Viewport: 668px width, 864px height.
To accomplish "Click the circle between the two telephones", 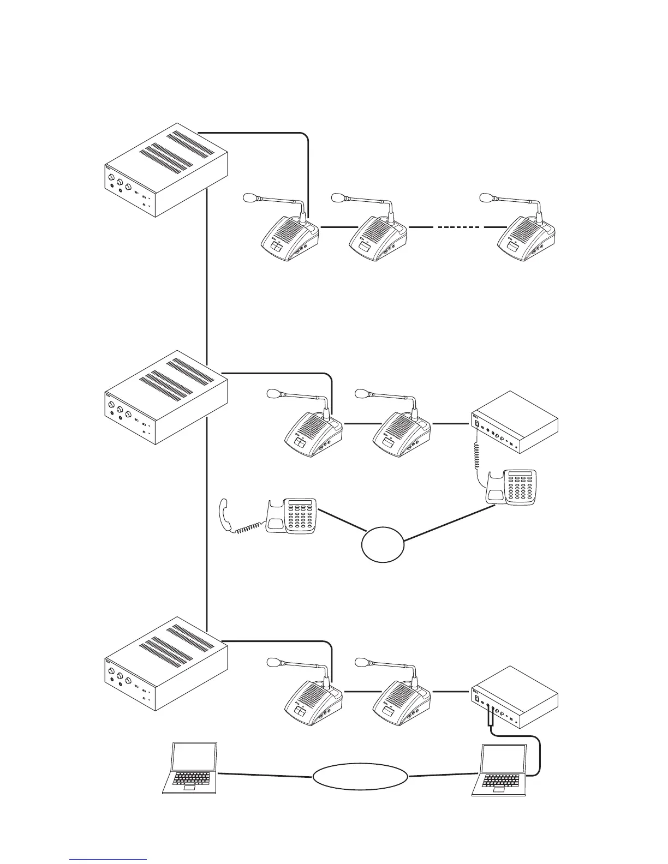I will point(383,544).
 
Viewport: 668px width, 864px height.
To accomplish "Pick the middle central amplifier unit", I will point(165,399).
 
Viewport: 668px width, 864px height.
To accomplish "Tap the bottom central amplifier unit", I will point(165,665).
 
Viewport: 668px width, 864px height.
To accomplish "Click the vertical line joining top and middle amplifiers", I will point(208,273).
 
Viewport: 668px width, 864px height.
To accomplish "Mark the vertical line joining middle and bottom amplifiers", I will point(208,518).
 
